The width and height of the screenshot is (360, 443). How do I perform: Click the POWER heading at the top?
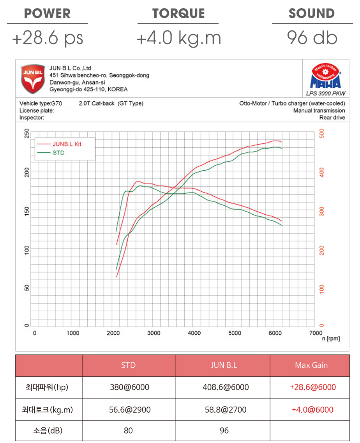pyautogui.click(x=48, y=13)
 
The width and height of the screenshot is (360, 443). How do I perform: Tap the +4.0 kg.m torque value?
pyautogui.click(x=178, y=38)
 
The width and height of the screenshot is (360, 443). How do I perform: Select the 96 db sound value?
pyautogui.click(x=312, y=38)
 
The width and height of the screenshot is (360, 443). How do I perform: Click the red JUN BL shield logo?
pyautogui.click(x=32, y=79)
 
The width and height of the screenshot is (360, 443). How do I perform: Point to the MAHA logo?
pyautogui.click(x=325, y=77)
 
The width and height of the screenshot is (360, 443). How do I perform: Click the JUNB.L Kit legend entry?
pyautogui.click(x=67, y=144)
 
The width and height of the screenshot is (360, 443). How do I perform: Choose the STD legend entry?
pyautogui.click(x=58, y=153)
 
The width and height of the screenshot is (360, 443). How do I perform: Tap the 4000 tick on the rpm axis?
pyautogui.click(x=194, y=333)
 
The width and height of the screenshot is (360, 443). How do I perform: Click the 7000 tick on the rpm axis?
pyautogui.click(x=315, y=333)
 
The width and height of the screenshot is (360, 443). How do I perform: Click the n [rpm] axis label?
pyautogui.click(x=331, y=339)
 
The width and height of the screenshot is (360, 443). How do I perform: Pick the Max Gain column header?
pyautogui.click(x=311, y=365)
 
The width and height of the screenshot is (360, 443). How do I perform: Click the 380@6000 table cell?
pyautogui.click(x=128, y=387)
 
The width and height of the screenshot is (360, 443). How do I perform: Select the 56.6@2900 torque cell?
pyautogui.click(x=128, y=409)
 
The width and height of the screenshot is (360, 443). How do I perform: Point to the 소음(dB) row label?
pyautogui.click(x=48, y=431)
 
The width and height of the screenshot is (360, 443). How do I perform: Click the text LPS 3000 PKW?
pyautogui.click(x=326, y=94)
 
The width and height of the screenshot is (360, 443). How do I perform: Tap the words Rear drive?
pyautogui.click(x=332, y=118)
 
